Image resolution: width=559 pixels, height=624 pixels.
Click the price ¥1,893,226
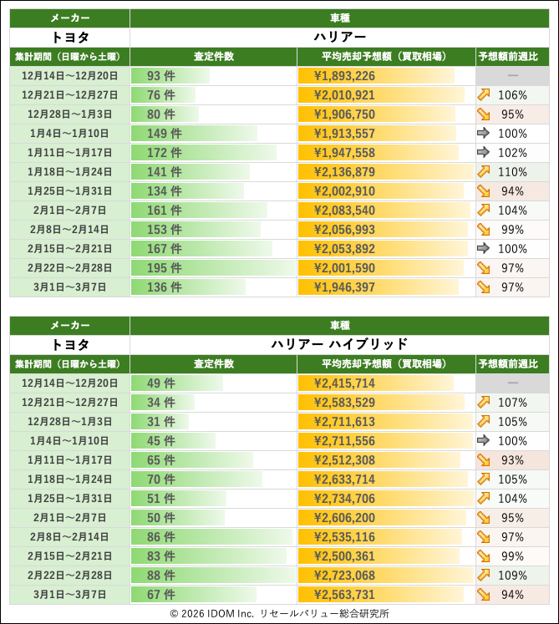pos(344,76)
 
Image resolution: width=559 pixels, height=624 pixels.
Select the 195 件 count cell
pos(164,268)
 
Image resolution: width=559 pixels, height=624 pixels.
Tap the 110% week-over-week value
pos(512,172)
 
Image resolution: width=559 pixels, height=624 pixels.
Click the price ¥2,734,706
pos(344,499)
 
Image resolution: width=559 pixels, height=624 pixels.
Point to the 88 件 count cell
pos(160,576)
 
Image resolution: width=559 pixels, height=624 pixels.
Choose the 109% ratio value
pos(512,576)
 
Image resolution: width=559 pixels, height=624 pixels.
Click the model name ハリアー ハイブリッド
pos(339,344)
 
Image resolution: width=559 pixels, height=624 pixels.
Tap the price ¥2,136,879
pos(344,172)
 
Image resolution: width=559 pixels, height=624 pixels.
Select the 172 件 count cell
pos(164,153)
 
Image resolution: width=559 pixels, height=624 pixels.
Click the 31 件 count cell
pos(160,422)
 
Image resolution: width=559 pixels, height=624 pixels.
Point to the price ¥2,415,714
pos(344,383)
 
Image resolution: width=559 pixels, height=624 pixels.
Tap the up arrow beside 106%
pos(484,95)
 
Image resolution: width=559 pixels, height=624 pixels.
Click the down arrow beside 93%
pos(484,460)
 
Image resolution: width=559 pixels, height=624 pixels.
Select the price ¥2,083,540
pos(344,211)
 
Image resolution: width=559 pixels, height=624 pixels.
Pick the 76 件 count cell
pos(160,95)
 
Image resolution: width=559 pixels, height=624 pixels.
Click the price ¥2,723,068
pos(344,576)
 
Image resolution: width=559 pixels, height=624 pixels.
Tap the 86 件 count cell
pos(160,537)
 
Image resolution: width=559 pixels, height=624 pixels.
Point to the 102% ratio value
pos(512,153)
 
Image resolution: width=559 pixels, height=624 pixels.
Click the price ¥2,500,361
pos(344,556)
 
